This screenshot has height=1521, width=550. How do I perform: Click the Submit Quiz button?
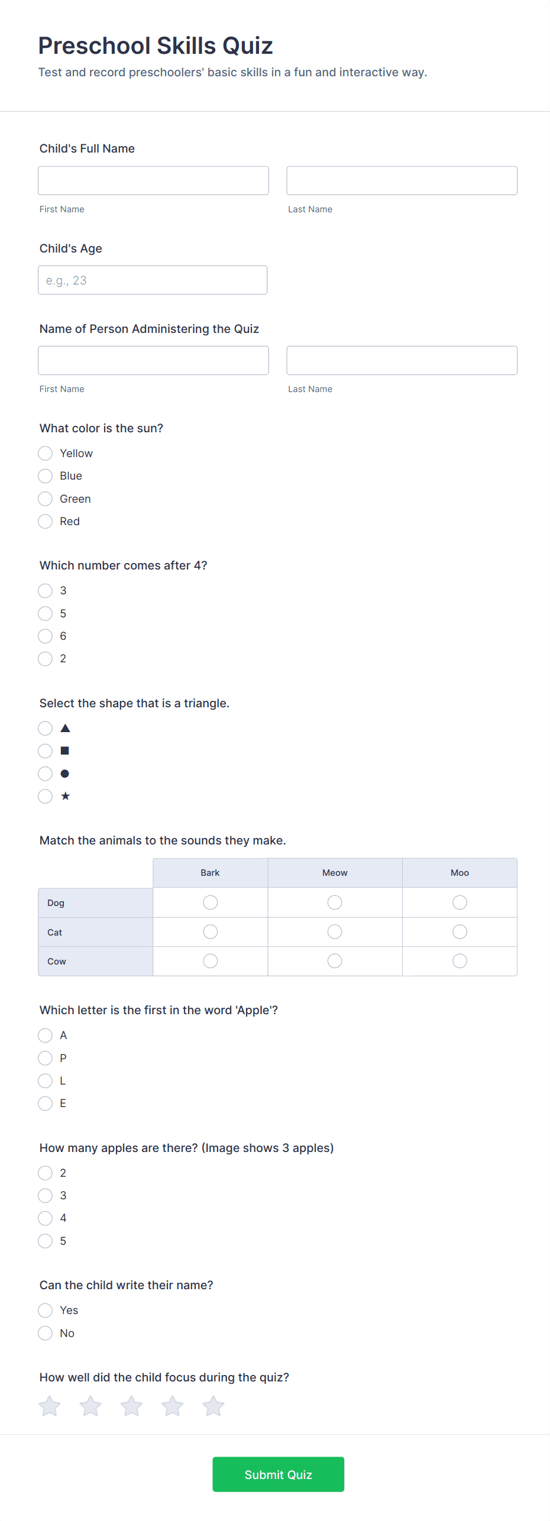pyautogui.click(x=278, y=1474)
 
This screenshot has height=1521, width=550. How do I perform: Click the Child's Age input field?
pyautogui.click(x=153, y=280)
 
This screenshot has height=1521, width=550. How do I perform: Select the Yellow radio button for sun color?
pyautogui.click(x=46, y=454)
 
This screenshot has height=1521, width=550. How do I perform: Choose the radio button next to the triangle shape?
pyautogui.click(x=46, y=728)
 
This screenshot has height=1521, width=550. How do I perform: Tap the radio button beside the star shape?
pyautogui.click(x=46, y=797)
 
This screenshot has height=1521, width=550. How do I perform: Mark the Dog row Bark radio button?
pyautogui.click(x=210, y=902)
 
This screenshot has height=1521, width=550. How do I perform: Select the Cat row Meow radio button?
pyautogui.click(x=335, y=932)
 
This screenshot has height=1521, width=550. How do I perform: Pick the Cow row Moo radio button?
pyautogui.click(x=460, y=961)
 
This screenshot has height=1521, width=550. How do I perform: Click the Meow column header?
pyautogui.click(x=335, y=873)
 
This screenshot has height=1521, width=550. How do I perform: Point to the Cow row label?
pyautogui.click(x=57, y=962)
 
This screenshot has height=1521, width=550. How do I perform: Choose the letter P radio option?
pyautogui.click(x=46, y=1058)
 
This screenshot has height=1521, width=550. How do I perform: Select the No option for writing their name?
pyautogui.click(x=46, y=1333)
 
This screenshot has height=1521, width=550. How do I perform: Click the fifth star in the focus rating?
pyautogui.click(x=213, y=1406)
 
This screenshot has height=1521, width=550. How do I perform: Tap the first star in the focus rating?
pyautogui.click(x=50, y=1406)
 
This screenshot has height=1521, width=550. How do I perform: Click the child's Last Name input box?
pyautogui.click(x=402, y=180)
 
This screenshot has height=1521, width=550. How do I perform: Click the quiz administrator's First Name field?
pyautogui.click(x=153, y=360)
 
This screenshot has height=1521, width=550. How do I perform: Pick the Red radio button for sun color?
pyautogui.click(x=46, y=522)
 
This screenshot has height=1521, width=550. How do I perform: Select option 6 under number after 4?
pyautogui.click(x=46, y=636)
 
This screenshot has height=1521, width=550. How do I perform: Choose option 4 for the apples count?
pyautogui.click(x=46, y=1218)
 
